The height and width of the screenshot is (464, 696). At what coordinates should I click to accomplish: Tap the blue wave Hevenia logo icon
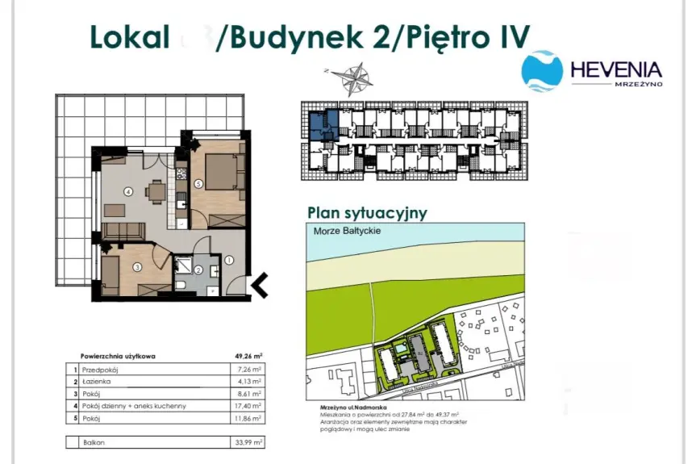coord(542,71)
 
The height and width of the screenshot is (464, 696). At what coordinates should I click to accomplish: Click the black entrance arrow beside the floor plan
coord(260,283)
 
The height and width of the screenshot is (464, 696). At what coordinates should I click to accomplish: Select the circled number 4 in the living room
coord(128,192)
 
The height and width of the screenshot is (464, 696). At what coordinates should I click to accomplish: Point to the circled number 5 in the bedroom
coord(198,183)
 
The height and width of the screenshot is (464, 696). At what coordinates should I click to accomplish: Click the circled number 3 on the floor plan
coord(137,267)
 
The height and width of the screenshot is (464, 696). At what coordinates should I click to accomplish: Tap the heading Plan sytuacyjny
coord(367,212)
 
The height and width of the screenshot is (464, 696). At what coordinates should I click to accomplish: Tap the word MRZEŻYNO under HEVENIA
coord(638,84)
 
